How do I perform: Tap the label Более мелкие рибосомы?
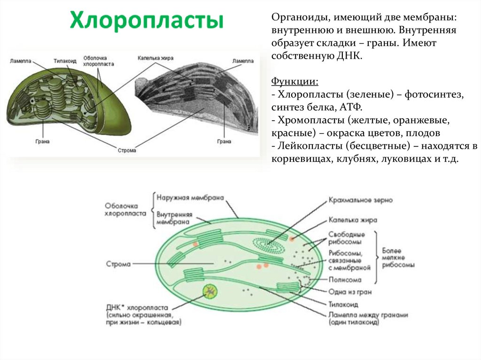(x=398, y=258)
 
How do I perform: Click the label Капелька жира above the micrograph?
(x=155, y=58)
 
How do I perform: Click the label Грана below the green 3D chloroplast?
(x=42, y=141)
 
